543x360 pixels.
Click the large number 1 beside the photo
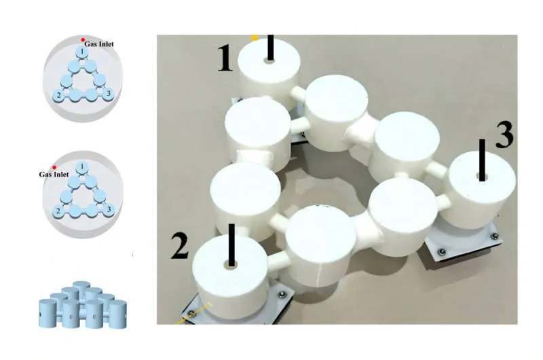coord(225,59)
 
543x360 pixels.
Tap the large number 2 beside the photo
coord(179,246)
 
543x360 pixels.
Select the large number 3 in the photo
coord(504,134)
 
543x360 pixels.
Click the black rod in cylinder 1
coord(270,48)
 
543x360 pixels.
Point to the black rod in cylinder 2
coord(231,245)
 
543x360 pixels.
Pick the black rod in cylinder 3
coord(482,160)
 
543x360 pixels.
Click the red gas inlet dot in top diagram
coord(83,40)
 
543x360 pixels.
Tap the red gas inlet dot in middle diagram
coord(54,168)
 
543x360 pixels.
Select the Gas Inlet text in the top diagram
coord(99,44)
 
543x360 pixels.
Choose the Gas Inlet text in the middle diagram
coord(54,175)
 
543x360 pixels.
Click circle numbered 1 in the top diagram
coord(81,53)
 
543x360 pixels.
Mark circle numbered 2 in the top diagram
coord(59,95)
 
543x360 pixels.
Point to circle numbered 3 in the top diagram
coord(109,94)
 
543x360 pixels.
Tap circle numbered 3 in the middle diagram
coord(109,209)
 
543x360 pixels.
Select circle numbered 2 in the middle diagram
coord(59,211)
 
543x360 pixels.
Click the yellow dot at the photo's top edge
coord(255,37)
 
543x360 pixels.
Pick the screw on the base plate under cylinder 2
coord(282,294)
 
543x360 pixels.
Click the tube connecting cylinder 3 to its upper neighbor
coord(437,169)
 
